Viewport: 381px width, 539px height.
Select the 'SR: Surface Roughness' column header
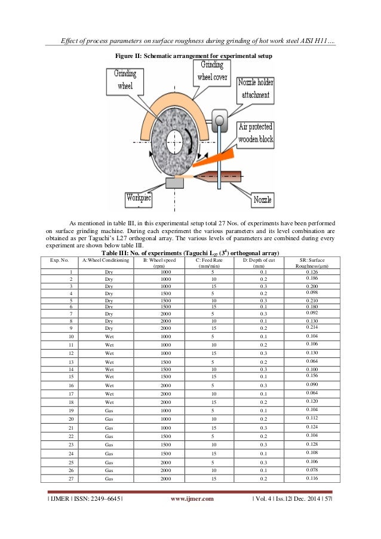pyautogui.click(x=311, y=264)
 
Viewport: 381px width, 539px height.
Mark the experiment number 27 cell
pyautogui.click(x=70, y=479)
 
